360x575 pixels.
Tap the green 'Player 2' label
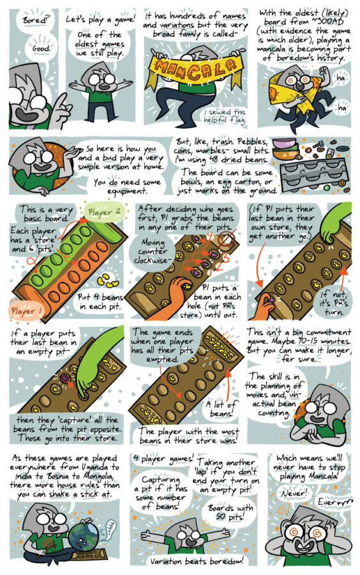click(104, 212)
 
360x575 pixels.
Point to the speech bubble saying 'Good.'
click(42, 48)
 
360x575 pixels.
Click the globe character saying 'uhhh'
click(84, 536)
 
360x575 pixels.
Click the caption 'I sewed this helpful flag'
click(224, 116)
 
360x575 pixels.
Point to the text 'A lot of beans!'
click(221, 408)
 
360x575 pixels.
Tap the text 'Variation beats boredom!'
click(196, 561)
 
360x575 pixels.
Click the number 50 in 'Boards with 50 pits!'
click(221, 517)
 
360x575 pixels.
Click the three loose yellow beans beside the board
click(107, 280)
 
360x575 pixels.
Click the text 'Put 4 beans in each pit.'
click(100, 302)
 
